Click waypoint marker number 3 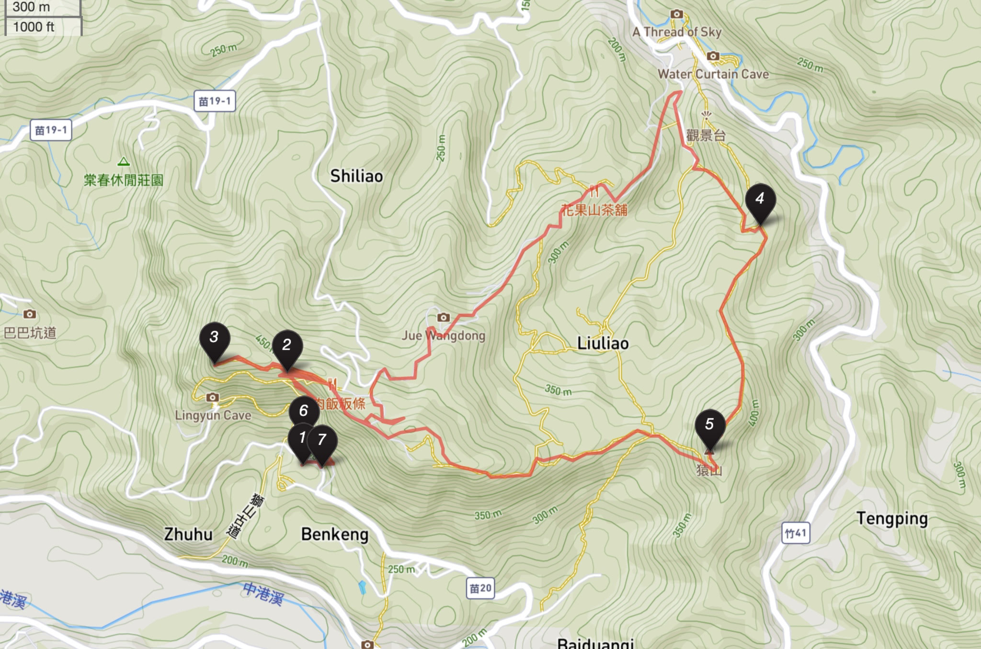(x=214, y=339)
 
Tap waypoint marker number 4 (x=760, y=201)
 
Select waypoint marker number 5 (x=710, y=426)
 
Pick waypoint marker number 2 (x=287, y=347)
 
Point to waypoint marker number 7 (x=322, y=441)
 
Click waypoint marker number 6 (x=304, y=412)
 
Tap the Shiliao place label (x=356, y=176)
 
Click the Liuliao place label (x=603, y=343)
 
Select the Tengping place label (x=892, y=519)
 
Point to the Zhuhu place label (x=188, y=534)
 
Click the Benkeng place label (x=335, y=534)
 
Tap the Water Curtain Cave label (x=713, y=74)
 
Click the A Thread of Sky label (x=677, y=32)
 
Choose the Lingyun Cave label (x=213, y=415)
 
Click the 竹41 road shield (x=796, y=533)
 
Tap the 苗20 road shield (x=480, y=588)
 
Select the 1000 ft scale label (x=34, y=27)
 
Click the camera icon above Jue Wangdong (x=444, y=317)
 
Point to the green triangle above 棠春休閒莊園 (x=124, y=162)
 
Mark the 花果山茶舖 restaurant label (x=594, y=210)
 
